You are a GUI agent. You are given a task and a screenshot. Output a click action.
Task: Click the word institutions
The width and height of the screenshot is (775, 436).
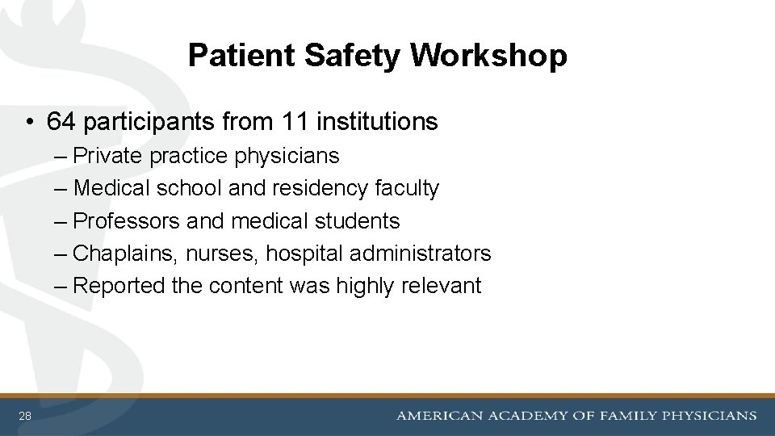[x=378, y=122]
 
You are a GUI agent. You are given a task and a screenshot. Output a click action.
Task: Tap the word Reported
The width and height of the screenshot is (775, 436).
[x=122, y=286]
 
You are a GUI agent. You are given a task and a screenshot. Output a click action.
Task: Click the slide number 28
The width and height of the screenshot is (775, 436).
[x=26, y=417]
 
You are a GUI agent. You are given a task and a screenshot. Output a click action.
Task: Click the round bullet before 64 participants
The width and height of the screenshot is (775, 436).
[x=29, y=123]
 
